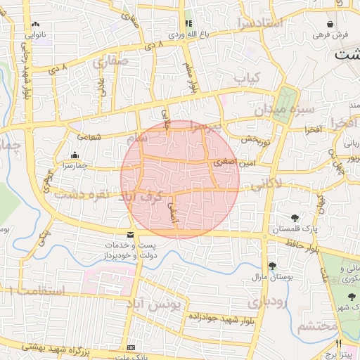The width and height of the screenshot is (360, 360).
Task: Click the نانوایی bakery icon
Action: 34,23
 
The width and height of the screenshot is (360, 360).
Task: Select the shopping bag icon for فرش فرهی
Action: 340,23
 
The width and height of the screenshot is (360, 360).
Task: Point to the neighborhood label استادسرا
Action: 274,23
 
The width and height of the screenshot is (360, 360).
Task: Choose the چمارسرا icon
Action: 75,155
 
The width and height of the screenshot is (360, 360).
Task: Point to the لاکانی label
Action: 266,184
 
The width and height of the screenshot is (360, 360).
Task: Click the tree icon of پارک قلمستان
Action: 295,218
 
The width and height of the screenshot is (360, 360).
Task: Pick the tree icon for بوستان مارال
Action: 272,265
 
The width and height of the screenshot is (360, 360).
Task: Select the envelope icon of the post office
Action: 130,235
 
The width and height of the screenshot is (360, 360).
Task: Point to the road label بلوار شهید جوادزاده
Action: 218,317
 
